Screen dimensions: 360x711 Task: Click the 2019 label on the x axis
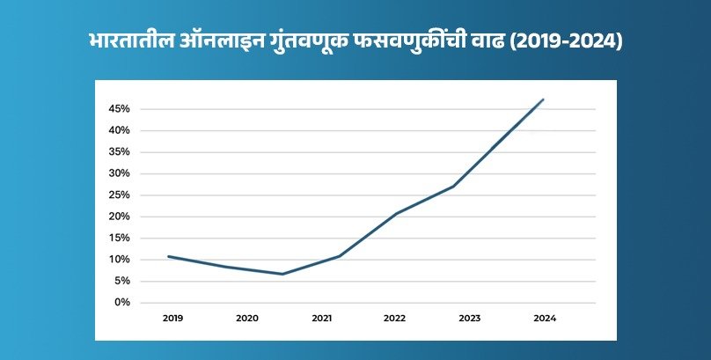click(x=172, y=317)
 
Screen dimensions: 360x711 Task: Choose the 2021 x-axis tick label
click(x=321, y=317)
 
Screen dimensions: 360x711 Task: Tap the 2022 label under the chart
click(x=395, y=317)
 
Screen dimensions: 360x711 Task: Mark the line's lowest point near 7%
click(x=282, y=274)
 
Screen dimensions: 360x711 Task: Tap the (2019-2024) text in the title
click(x=572, y=42)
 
